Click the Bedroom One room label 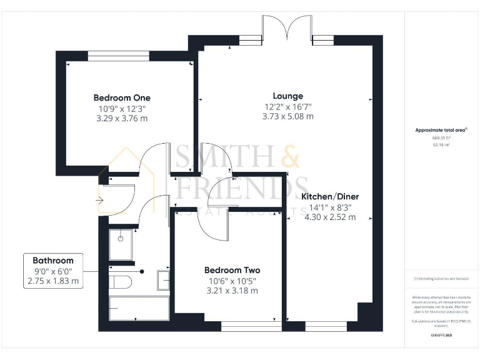122,97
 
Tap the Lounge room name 288,96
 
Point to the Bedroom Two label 232,270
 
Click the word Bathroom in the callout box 53,260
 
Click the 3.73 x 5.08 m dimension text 288,116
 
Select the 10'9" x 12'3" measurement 122,108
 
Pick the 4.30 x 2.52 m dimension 331,217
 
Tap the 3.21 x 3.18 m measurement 232,291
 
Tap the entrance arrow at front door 99,200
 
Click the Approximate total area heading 441,130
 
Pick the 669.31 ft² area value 441,138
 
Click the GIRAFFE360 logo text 441,336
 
